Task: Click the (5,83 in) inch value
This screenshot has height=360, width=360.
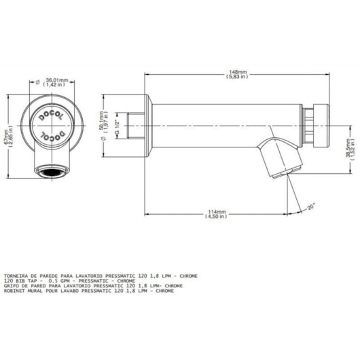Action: click(x=237, y=77)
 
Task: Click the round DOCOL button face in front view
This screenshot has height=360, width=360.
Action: click(x=52, y=126)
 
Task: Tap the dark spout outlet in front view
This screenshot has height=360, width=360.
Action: click(x=52, y=170)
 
